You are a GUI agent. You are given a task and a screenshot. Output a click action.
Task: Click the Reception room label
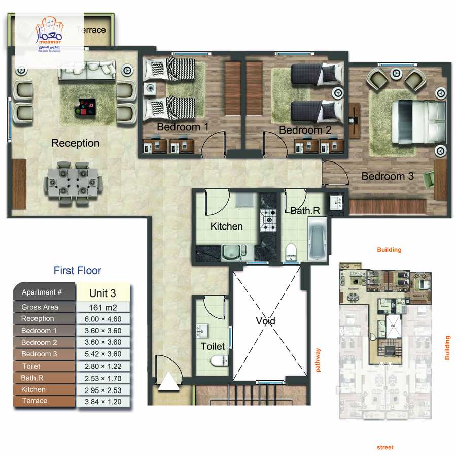pos(76,143)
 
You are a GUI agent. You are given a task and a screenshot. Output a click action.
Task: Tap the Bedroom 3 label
pos(388,176)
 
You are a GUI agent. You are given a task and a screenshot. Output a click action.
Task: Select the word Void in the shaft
pos(265,321)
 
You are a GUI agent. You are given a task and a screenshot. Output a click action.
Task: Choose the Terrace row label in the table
pos(34,401)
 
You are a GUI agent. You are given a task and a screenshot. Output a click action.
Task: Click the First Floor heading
pos(78,271)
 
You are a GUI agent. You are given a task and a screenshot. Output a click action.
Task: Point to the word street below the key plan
pos(385,447)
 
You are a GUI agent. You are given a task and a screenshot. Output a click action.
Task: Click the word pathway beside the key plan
pos(319,360)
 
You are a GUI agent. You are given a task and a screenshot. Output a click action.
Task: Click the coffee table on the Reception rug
pos(84,106)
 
